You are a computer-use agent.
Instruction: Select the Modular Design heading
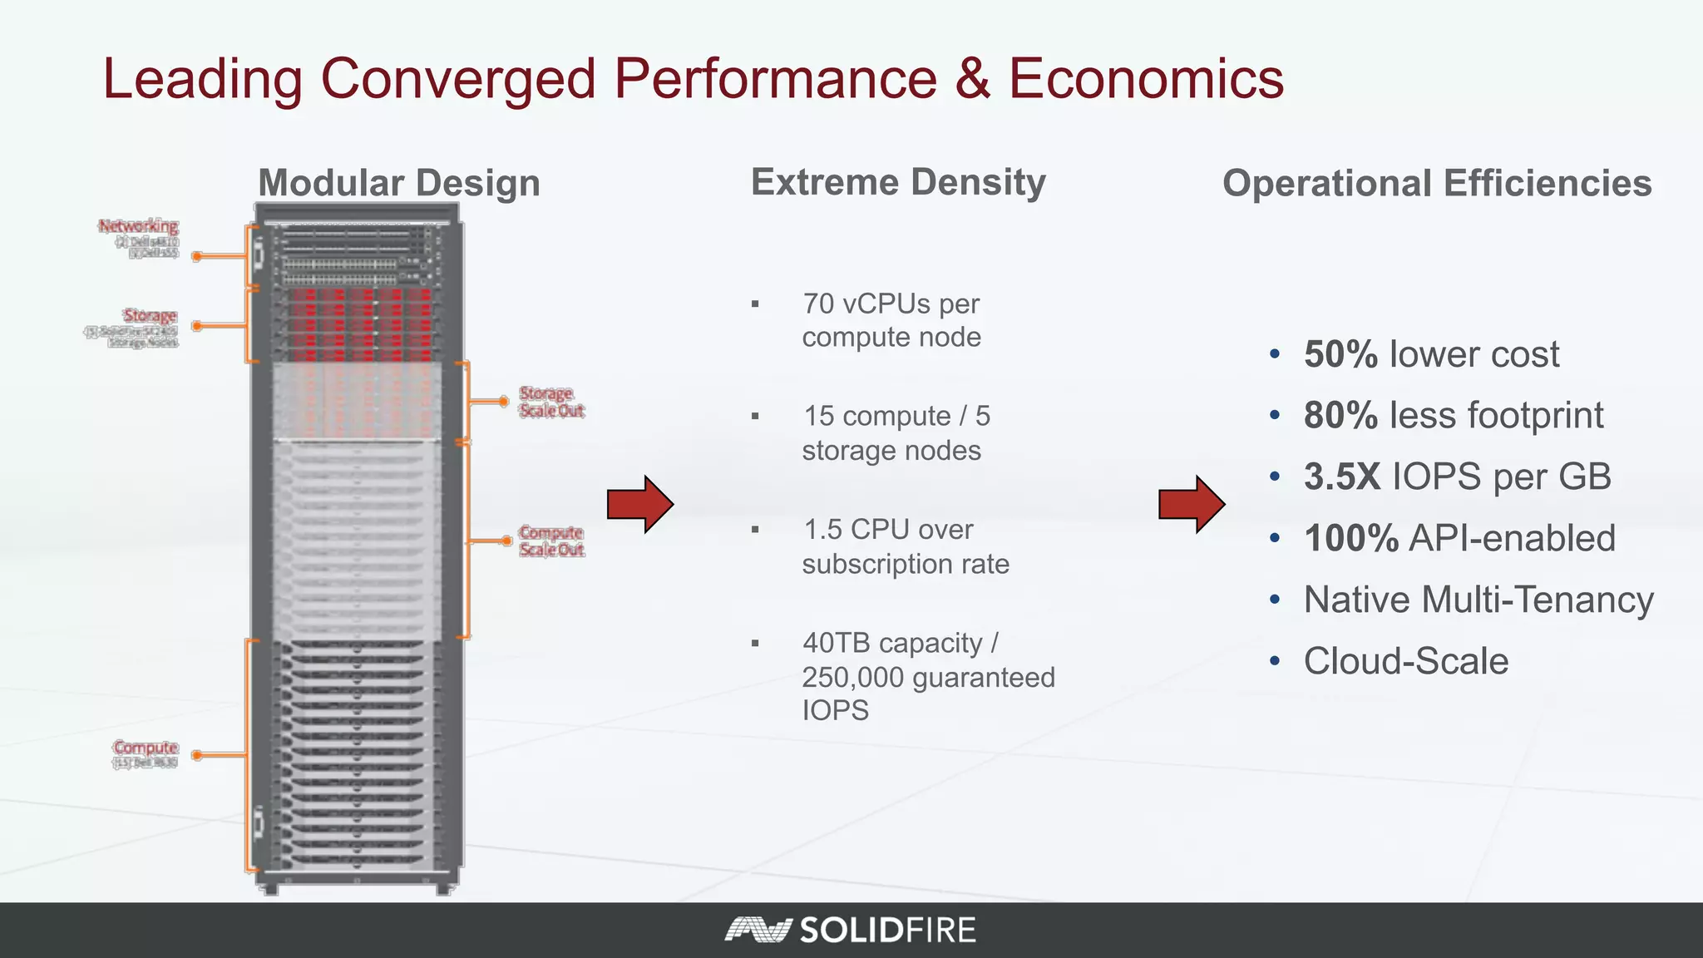point(399,183)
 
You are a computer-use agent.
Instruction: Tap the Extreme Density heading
point(898,182)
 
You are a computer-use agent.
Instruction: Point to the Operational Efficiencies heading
point(1437,184)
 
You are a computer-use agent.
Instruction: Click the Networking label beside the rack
point(138,226)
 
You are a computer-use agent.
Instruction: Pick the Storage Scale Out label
point(551,402)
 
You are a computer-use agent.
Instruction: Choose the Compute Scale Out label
point(551,541)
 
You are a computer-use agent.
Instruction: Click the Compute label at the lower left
point(146,748)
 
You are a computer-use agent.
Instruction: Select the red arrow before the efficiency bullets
point(1191,504)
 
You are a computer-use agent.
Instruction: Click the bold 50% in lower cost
point(1340,354)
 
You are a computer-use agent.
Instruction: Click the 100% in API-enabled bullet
point(1350,539)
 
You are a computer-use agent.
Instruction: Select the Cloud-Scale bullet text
point(1405,662)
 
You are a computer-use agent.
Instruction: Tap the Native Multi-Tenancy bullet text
point(1478,600)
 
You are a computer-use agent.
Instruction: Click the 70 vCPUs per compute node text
point(891,320)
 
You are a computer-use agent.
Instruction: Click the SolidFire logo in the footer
point(851,930)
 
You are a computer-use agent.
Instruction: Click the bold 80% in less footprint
point(1340,416)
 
